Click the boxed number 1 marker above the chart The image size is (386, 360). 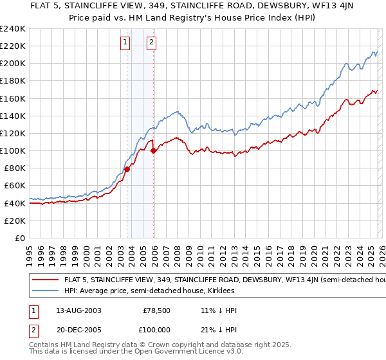point(124,43)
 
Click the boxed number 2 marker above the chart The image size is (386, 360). point(151,43)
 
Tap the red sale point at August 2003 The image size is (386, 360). point(127,169)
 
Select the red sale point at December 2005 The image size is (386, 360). point(154,151)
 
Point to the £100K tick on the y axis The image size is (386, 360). point(13,150)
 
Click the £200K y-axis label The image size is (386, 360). point(13,64)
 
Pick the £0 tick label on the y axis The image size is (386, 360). point(19,238)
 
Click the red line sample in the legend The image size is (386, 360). point(46,280)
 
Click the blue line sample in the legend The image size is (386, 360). point(46,291)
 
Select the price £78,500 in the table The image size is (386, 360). point(157,310)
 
